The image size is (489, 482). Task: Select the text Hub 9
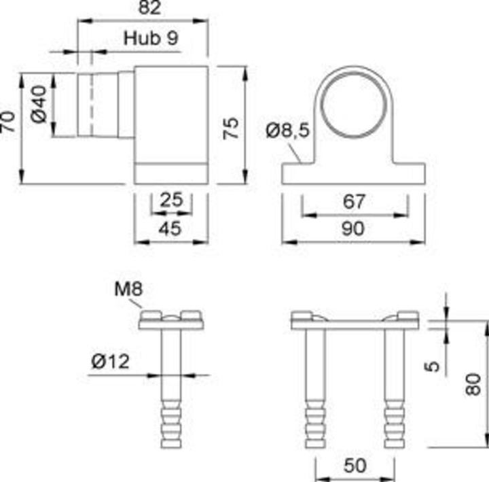(151, 38)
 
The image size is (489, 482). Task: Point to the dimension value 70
(8, 123)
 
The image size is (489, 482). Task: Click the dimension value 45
(170, 228)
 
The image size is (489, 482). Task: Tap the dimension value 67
(355, 202)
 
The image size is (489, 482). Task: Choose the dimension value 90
(355, 228)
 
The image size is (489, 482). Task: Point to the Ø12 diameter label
(110, 362)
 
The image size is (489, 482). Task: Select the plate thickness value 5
(435, 365)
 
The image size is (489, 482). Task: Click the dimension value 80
(474, 384)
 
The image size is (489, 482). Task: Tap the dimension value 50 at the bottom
(355, 466)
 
